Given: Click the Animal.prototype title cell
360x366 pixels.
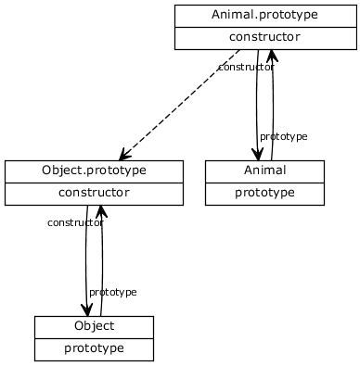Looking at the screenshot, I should tap(264, 15).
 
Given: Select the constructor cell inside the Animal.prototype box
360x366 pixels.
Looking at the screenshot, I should tap(264, 37).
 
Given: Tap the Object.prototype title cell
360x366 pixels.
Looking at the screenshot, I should tap(94, 170).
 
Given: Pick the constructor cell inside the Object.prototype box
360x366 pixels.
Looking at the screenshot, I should tap(94, 193).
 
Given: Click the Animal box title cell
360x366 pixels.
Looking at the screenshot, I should tap(264, 170).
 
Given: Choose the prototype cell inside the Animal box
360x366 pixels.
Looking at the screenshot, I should tap(264, 193).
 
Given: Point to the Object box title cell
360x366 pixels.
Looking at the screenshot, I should tap(94, 326).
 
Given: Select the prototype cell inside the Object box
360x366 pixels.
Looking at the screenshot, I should tap(94, 348).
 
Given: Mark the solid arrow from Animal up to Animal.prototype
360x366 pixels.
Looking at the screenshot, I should tap(273, 111).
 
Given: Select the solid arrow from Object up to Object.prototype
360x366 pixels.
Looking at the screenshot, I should tap(102, 269).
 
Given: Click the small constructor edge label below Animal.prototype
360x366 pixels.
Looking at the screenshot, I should tap(245, 68).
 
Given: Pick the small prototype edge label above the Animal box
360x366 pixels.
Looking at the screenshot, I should tap(283, 137).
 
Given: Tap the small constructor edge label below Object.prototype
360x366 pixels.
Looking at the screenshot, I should tap(74, 223).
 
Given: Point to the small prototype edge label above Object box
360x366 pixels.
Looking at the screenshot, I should tap(112, 293).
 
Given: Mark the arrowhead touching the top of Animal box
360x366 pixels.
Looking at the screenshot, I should tap(257, 153).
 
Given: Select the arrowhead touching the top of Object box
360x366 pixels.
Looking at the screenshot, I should tap(87, 309).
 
